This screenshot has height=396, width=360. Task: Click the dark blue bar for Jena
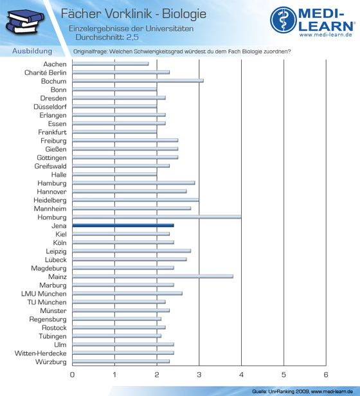click(123, 225)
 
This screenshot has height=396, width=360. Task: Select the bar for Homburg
click(157, 217)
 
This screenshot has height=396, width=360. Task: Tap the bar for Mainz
click(152, 276)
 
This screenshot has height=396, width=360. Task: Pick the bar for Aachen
click(111, 64)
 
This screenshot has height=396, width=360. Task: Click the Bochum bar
click(138, 80)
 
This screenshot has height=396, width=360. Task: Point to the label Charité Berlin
click(46, 73)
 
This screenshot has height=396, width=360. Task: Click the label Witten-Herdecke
click(40, 354)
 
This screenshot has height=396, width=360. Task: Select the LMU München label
click(44, 294)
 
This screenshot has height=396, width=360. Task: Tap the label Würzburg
click(51, 362)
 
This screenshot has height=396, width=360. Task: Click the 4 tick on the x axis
click(241, 375)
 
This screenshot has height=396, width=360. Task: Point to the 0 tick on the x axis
click(72, 375)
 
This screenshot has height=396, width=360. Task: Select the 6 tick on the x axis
click(326, 375)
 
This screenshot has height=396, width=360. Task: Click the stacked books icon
click(24, 22)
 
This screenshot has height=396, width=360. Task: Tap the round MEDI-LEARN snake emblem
click(283, 20)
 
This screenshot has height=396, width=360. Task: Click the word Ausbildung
click(32, 51)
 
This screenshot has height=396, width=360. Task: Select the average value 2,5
click(132, 37)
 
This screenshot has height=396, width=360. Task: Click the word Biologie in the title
click(184, 14)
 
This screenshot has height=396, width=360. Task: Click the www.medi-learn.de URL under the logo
click(326, 35)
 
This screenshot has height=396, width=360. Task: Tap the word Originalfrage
click(91, 51)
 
